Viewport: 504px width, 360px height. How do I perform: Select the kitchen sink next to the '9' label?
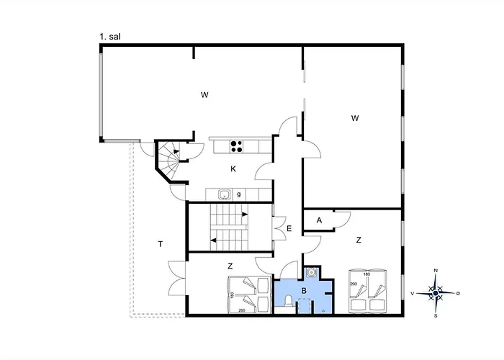224,194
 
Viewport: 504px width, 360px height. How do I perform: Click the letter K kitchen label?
233,169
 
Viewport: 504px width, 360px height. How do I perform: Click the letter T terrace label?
159,245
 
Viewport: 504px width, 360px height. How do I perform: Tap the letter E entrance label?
289,229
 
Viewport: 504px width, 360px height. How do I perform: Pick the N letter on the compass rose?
435,271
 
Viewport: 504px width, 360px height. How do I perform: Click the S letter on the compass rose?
435,315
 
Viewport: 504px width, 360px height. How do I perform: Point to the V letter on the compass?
413,294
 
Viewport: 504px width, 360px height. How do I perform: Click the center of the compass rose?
435,293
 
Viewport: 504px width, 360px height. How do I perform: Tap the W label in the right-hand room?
354,117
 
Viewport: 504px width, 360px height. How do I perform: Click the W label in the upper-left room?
204,94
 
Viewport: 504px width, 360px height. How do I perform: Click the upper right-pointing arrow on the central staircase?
245,215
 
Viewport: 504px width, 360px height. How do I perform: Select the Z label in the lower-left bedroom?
230,265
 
